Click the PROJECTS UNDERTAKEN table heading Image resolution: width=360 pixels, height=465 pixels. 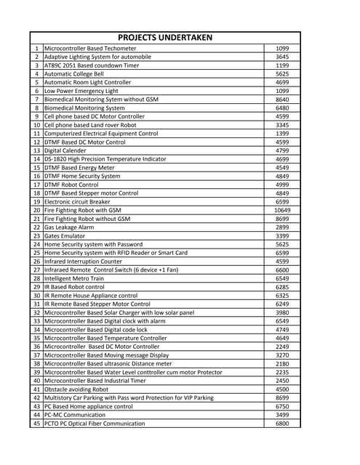click(164, 38)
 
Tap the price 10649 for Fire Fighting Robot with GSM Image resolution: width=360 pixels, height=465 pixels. click(282, 210)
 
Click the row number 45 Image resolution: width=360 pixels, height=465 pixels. click(36, 423)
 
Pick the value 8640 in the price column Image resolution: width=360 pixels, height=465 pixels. click(282, 99)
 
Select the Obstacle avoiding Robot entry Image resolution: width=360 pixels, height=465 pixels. click(76, 389)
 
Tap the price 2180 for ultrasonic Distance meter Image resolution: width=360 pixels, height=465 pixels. click(282, 363)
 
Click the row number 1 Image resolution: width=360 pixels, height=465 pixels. click(36, 48)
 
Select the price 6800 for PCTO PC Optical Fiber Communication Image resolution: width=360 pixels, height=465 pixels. click(282, 423)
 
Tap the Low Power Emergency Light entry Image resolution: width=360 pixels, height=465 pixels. click(81, 91)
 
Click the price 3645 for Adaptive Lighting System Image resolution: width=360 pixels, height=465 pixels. click(282, 57)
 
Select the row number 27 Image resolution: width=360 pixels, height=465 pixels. click(36, 270)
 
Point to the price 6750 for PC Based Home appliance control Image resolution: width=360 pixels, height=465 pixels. click(282, 406)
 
